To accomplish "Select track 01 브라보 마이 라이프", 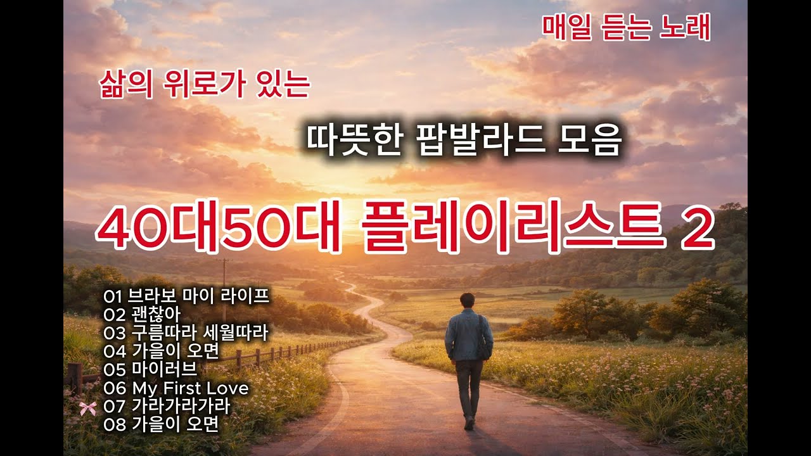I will click(187, 296).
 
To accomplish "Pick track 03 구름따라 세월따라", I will click(186, 332).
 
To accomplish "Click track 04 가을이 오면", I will click(162, 351).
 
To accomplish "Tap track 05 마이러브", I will click(151, 369).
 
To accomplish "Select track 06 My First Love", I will click(176, 388).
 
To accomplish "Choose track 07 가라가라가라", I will click(167, 406).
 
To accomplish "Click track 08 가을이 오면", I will click(162, 424).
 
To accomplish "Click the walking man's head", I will click(468, 300).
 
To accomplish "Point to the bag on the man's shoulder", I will click(485, 342).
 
